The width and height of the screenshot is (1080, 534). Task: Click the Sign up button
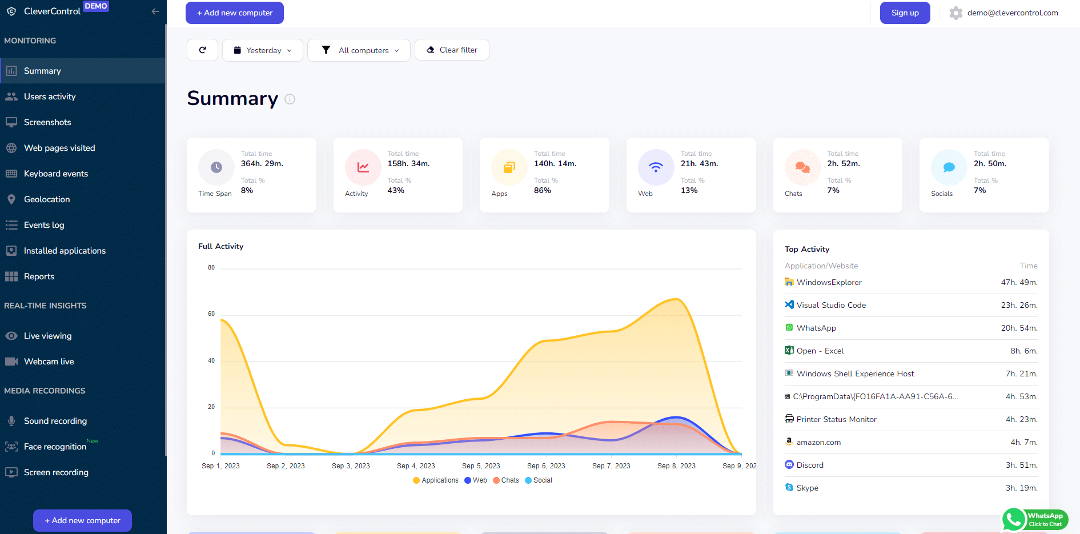pos(905,13)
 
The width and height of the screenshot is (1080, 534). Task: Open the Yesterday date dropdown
pos(263,50)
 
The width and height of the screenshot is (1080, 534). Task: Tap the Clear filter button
pos(452,50)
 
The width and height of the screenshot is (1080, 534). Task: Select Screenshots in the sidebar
pos(47,122)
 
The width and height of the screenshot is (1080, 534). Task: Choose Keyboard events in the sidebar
pos(56,174)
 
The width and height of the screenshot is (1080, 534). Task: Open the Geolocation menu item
pos(47,199)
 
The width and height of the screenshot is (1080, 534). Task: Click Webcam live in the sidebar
pos(49,362)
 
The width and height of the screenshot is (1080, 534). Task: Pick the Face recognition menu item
pos(55,447)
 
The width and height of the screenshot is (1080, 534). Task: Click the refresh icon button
pos(202,50)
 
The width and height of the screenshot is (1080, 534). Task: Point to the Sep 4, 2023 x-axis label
pos(416,466)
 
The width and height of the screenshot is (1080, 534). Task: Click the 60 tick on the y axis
pos(211,314)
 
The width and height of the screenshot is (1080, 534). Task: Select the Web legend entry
pos(476,480)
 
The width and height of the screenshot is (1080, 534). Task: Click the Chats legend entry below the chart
pos(506,480)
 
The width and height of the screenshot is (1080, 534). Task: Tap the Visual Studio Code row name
pos(831,305)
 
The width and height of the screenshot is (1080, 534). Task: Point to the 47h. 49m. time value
pos(1019,282)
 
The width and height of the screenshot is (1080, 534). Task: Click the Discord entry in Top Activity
pos(810,465)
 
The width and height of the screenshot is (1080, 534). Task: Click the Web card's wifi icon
pos(656,167)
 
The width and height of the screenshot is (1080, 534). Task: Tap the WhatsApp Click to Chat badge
pos(1035,520)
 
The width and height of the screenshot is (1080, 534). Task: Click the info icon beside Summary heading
pos(290,99)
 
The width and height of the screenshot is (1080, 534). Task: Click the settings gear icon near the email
pos(955,13)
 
